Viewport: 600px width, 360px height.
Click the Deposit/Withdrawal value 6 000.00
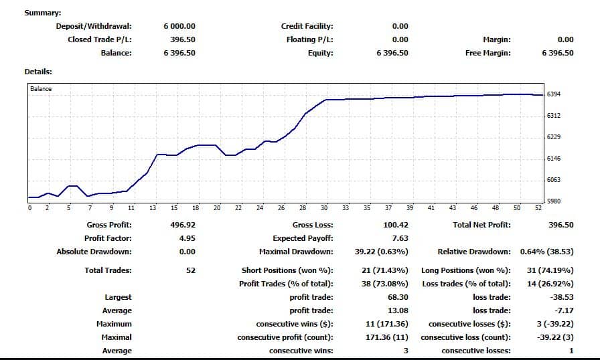coord(179,26)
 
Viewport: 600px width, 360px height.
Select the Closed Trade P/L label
coord(100,39)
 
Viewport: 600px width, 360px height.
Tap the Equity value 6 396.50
coord(392,53)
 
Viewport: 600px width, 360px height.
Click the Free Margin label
coord(487,53)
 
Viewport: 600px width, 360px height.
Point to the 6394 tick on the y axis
coord(554,94)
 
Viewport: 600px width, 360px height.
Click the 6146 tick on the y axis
coord(554,159)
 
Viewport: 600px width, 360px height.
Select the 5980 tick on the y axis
coord(554,201)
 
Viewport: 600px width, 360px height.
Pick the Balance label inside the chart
coord(41,89)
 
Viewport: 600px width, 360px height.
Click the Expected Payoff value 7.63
coord(400,238)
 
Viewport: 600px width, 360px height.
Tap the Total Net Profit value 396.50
coord(560,225)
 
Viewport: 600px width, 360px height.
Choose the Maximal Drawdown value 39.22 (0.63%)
coord(382,252)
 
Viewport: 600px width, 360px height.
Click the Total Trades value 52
coord(191,270)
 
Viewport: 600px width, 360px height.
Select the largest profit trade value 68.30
coord(398,297)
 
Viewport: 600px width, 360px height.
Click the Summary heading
coord(42,13)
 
